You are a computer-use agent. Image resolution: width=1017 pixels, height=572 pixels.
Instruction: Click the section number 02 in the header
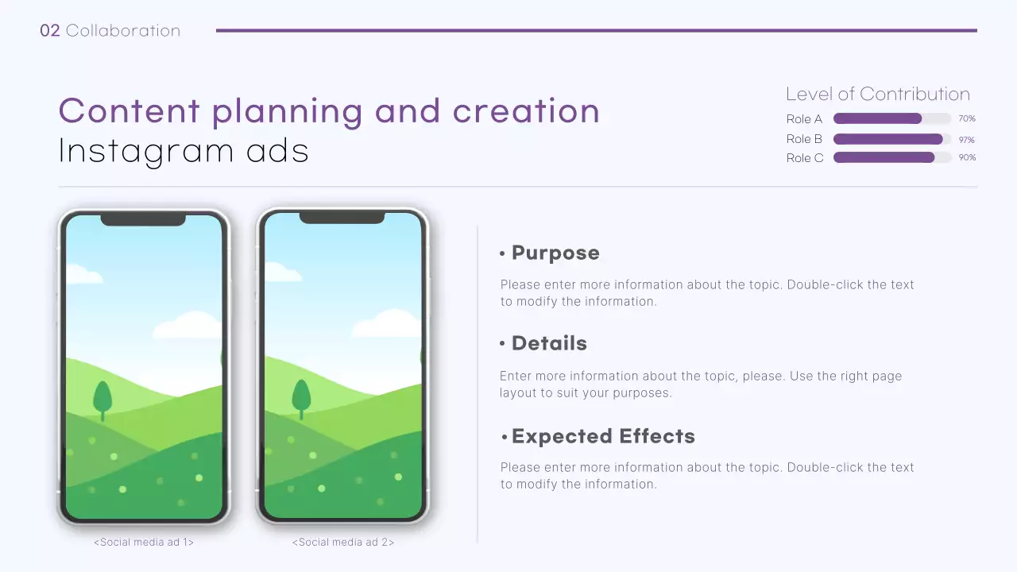49,31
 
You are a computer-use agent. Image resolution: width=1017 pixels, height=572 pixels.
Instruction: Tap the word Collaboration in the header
123,31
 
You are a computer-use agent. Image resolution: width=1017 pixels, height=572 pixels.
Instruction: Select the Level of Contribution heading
878,94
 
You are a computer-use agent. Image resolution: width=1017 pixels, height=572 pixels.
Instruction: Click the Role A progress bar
891,118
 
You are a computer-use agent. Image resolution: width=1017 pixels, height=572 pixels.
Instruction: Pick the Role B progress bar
891,139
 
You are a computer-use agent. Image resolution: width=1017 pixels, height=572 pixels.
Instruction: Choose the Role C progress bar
891,157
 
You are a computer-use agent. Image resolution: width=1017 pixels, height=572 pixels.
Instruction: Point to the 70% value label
967,119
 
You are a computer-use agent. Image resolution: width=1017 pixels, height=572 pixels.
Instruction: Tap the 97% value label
967,140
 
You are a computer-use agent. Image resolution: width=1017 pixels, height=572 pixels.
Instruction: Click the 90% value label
967,158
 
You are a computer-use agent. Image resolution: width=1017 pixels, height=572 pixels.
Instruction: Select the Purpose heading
555,253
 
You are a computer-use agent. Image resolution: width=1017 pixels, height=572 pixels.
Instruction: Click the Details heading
549,343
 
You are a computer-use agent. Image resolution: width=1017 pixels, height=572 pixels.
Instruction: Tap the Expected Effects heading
603,436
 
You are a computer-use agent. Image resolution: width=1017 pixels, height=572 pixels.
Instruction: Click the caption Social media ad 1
144,543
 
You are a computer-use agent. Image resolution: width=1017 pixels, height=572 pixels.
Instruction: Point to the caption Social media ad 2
343,543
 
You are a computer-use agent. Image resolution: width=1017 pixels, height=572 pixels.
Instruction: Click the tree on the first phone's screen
102,398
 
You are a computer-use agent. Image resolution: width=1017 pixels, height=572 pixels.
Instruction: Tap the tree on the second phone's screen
301,398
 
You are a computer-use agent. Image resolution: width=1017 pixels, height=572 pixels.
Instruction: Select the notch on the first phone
143,220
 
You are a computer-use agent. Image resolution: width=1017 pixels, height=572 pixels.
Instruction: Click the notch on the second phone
342,218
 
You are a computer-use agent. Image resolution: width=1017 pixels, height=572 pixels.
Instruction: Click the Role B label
804,139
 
